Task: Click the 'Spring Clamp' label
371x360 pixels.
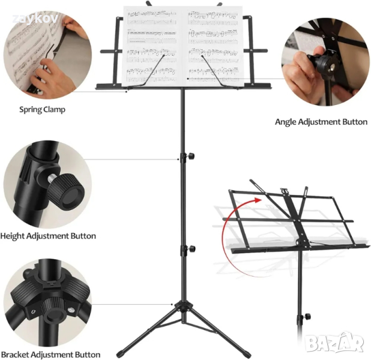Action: pos(42,110)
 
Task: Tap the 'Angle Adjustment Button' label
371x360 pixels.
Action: pos(321,122)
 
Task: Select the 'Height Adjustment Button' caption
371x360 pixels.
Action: pos(48,236)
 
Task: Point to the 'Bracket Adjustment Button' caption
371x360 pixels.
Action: pos(50,355)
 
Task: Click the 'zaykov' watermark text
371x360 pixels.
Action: pos(35,19)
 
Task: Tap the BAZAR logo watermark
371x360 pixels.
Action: pos(334,342)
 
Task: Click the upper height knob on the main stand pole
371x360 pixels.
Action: pos(191,156)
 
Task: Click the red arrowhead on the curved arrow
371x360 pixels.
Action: pos(258,200)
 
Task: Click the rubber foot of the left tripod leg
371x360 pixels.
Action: pos(121,355)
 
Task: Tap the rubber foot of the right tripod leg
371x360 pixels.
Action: pos(246,355)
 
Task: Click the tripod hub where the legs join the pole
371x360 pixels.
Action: pos(183,307)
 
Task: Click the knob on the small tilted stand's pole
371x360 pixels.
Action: pos(307,316)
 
